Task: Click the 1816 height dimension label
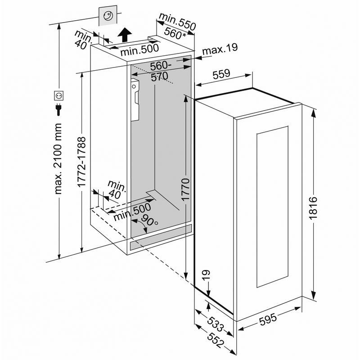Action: (x=313, y=208)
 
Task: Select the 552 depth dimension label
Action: (x=216, y=340)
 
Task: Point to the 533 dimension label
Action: (x=215, y=324)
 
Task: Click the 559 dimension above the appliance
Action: (x=221, y=74)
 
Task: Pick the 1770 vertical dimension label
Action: (x=185, y=189)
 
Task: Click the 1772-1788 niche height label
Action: (x=81, y=162)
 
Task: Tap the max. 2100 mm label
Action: (x=58, y=159)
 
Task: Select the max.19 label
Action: (x=220, y=49)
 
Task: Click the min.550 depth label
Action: (x=177, y=21)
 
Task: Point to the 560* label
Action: (x=175, y=34)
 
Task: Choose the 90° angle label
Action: (x=149, y=220)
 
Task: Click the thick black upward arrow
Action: (x=125, y=35)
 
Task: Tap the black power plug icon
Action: (x=59, y=109)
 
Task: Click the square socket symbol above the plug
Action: (x=59, y=95)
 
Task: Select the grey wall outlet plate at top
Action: (x=108, y=16)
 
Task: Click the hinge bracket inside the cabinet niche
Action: (x=135, y=100)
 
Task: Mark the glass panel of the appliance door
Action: (x=273, y=207)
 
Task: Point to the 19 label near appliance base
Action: (x=207, y=275)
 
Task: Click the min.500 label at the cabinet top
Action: (x=139, y=50)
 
